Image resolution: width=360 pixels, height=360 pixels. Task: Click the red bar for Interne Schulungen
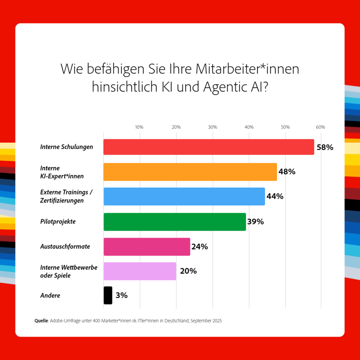tap(208, 147)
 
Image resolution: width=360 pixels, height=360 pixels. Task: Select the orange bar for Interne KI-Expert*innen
tap(190, 172)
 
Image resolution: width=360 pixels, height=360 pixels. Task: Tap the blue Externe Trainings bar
tap(184, 197)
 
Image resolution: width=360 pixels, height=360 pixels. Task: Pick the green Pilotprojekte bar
tap(174, 222)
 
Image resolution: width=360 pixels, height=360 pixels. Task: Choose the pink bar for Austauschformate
tap(147, 246)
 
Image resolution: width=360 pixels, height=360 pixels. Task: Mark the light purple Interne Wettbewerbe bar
tap(140, 271)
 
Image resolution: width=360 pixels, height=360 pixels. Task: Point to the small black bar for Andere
tap(108, 295)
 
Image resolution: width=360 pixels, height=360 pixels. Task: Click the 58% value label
tap(325, 147)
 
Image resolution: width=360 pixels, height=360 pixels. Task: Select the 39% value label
tap(256, 222)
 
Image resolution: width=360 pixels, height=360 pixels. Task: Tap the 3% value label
tap(121, 295)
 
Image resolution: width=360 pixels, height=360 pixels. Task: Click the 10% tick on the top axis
tap(139, 127)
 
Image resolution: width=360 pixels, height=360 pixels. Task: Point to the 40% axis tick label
tap(249, 127)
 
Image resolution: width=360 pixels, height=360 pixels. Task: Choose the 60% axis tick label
tap(321, 127)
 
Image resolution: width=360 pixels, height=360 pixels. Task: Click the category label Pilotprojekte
tap(58, 222)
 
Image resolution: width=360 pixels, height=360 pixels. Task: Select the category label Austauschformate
tap(65, 246)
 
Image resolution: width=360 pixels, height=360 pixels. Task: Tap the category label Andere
tap(50, 295)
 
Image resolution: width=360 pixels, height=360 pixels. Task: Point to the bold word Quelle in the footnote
tap(41, 321)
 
